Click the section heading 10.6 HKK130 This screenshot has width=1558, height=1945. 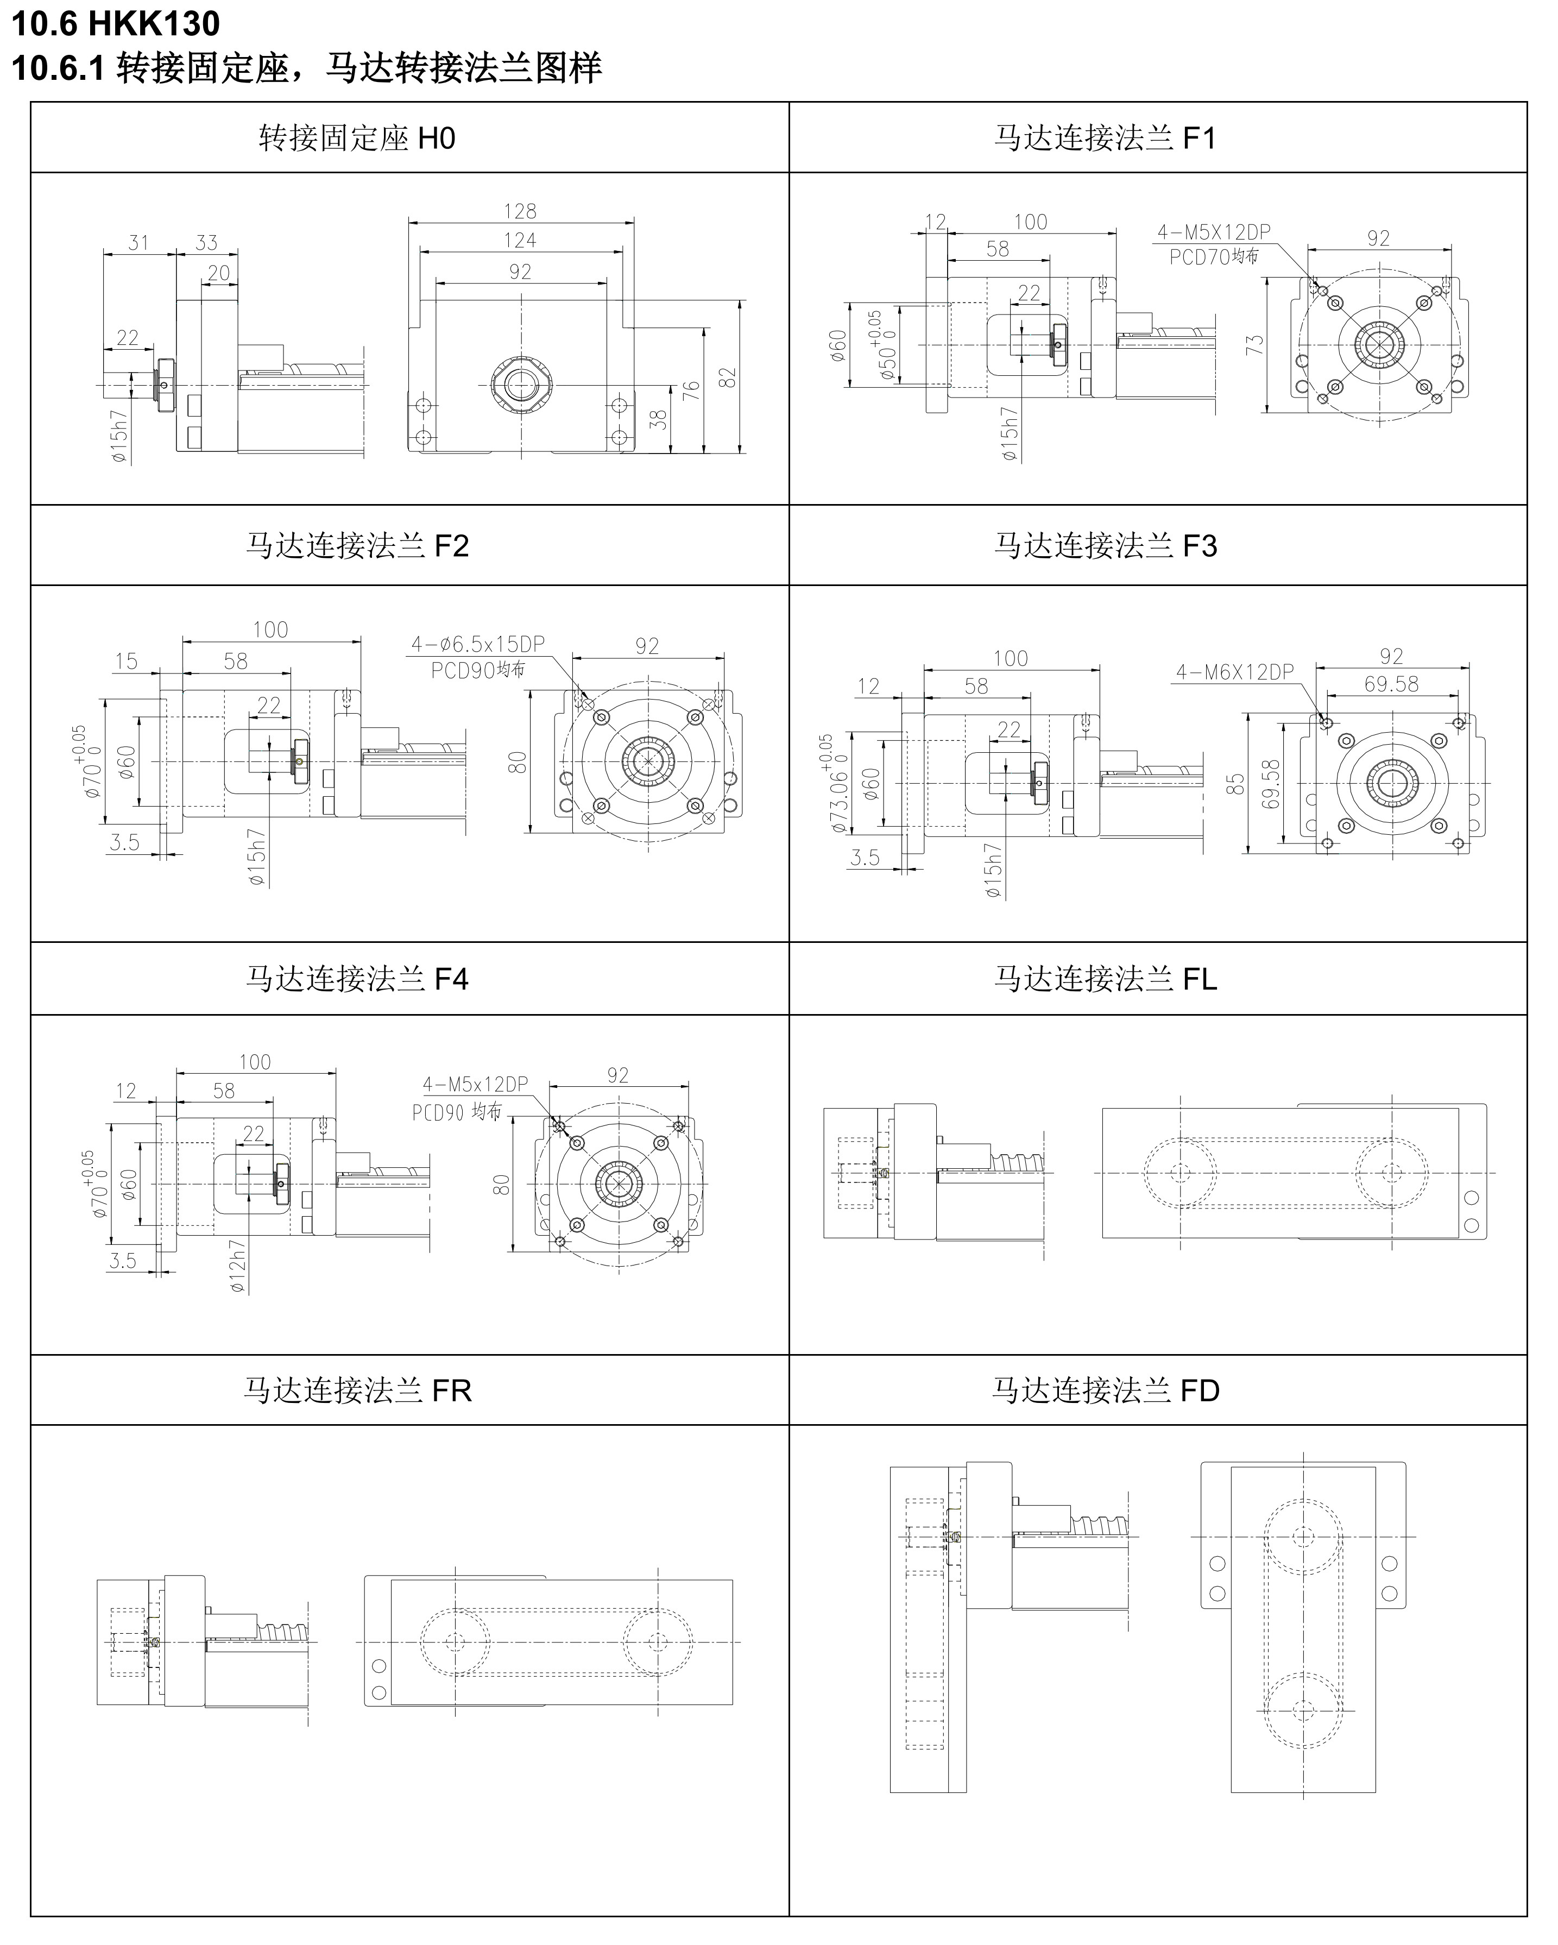116,23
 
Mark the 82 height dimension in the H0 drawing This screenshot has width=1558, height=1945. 728,377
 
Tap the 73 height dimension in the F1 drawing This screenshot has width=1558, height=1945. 1254,344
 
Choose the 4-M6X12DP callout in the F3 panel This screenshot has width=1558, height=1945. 1234,672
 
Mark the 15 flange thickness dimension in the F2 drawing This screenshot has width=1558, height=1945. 127,661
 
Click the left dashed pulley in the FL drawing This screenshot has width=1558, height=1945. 1180,1173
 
